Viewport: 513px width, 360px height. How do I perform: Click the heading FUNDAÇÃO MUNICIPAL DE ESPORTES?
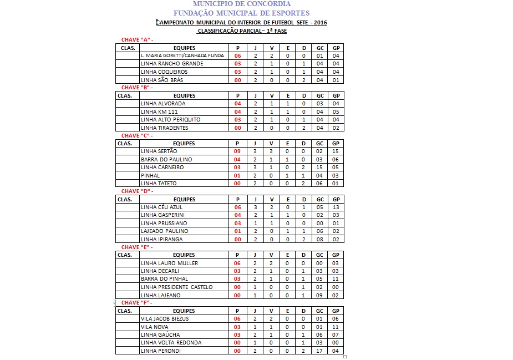(241, 13)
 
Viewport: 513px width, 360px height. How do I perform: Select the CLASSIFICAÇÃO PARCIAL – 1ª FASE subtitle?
(242, 31)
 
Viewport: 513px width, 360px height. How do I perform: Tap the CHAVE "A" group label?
(136, 40)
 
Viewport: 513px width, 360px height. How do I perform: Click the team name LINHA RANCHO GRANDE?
(164, 64)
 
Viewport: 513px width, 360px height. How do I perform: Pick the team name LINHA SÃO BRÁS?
(162, 80)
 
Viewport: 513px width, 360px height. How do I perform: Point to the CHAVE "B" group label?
(136, 88)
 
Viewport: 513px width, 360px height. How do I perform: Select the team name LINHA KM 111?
(159, 111)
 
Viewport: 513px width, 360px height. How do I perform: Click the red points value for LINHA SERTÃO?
(237, 151)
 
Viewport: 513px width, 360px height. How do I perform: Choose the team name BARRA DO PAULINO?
(166, 160)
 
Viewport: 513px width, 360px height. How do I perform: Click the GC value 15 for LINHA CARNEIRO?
(320, 168)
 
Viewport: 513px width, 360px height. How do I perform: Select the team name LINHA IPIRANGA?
(161, 240)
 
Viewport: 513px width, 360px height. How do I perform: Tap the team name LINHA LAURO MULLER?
(169, 263)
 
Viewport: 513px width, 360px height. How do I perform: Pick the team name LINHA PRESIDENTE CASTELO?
(176, 287)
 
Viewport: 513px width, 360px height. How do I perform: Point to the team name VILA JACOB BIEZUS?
(165, 319)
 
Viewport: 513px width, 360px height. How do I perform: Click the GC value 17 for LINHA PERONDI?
(320, 351)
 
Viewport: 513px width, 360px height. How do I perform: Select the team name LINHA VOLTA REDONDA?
(171, 343)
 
